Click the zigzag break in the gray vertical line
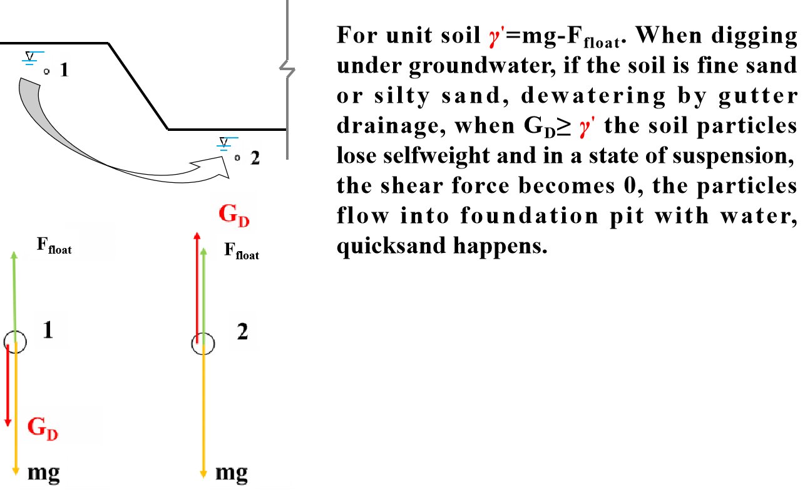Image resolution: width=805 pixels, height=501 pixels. (287, 69)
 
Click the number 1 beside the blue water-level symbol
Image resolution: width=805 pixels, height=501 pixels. (62, 66)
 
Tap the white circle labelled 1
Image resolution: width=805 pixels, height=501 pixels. (15, 342)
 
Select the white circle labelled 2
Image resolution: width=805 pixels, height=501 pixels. (203, 344)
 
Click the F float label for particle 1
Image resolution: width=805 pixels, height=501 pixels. (54, 244)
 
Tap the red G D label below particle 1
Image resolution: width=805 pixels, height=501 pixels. (43, 427)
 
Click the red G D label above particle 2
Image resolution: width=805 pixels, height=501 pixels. (234, 214)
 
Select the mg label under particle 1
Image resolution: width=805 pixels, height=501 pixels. (44, 472)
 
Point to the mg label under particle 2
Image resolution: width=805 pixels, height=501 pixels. (232, 472)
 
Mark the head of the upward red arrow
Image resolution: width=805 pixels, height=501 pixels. (197, 235)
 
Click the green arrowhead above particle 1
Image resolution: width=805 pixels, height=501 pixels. (14, 254)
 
